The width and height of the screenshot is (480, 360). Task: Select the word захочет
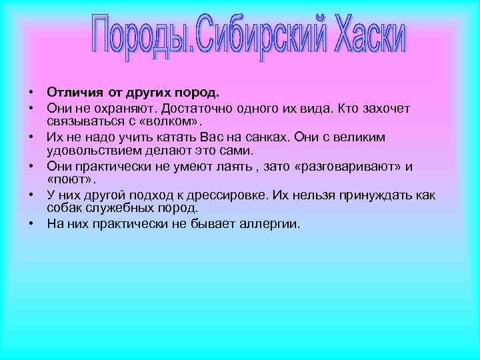click(396, 108)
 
